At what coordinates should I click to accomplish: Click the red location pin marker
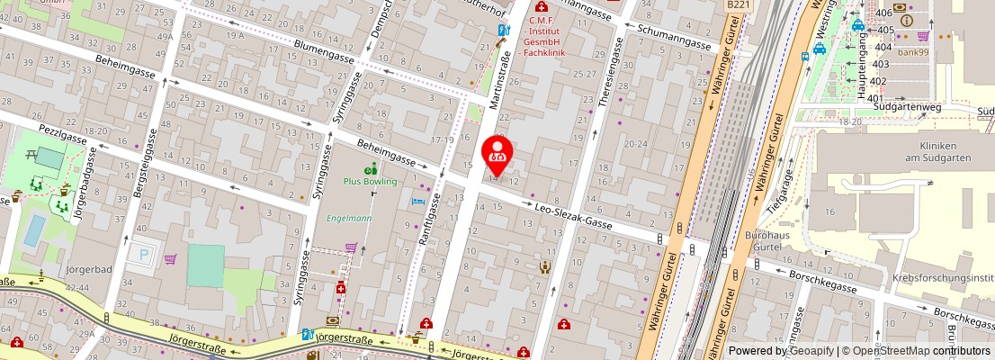pos(497,155)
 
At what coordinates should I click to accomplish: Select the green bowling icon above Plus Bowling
pos(370,168)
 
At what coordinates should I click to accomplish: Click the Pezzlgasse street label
pos(64,134)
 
